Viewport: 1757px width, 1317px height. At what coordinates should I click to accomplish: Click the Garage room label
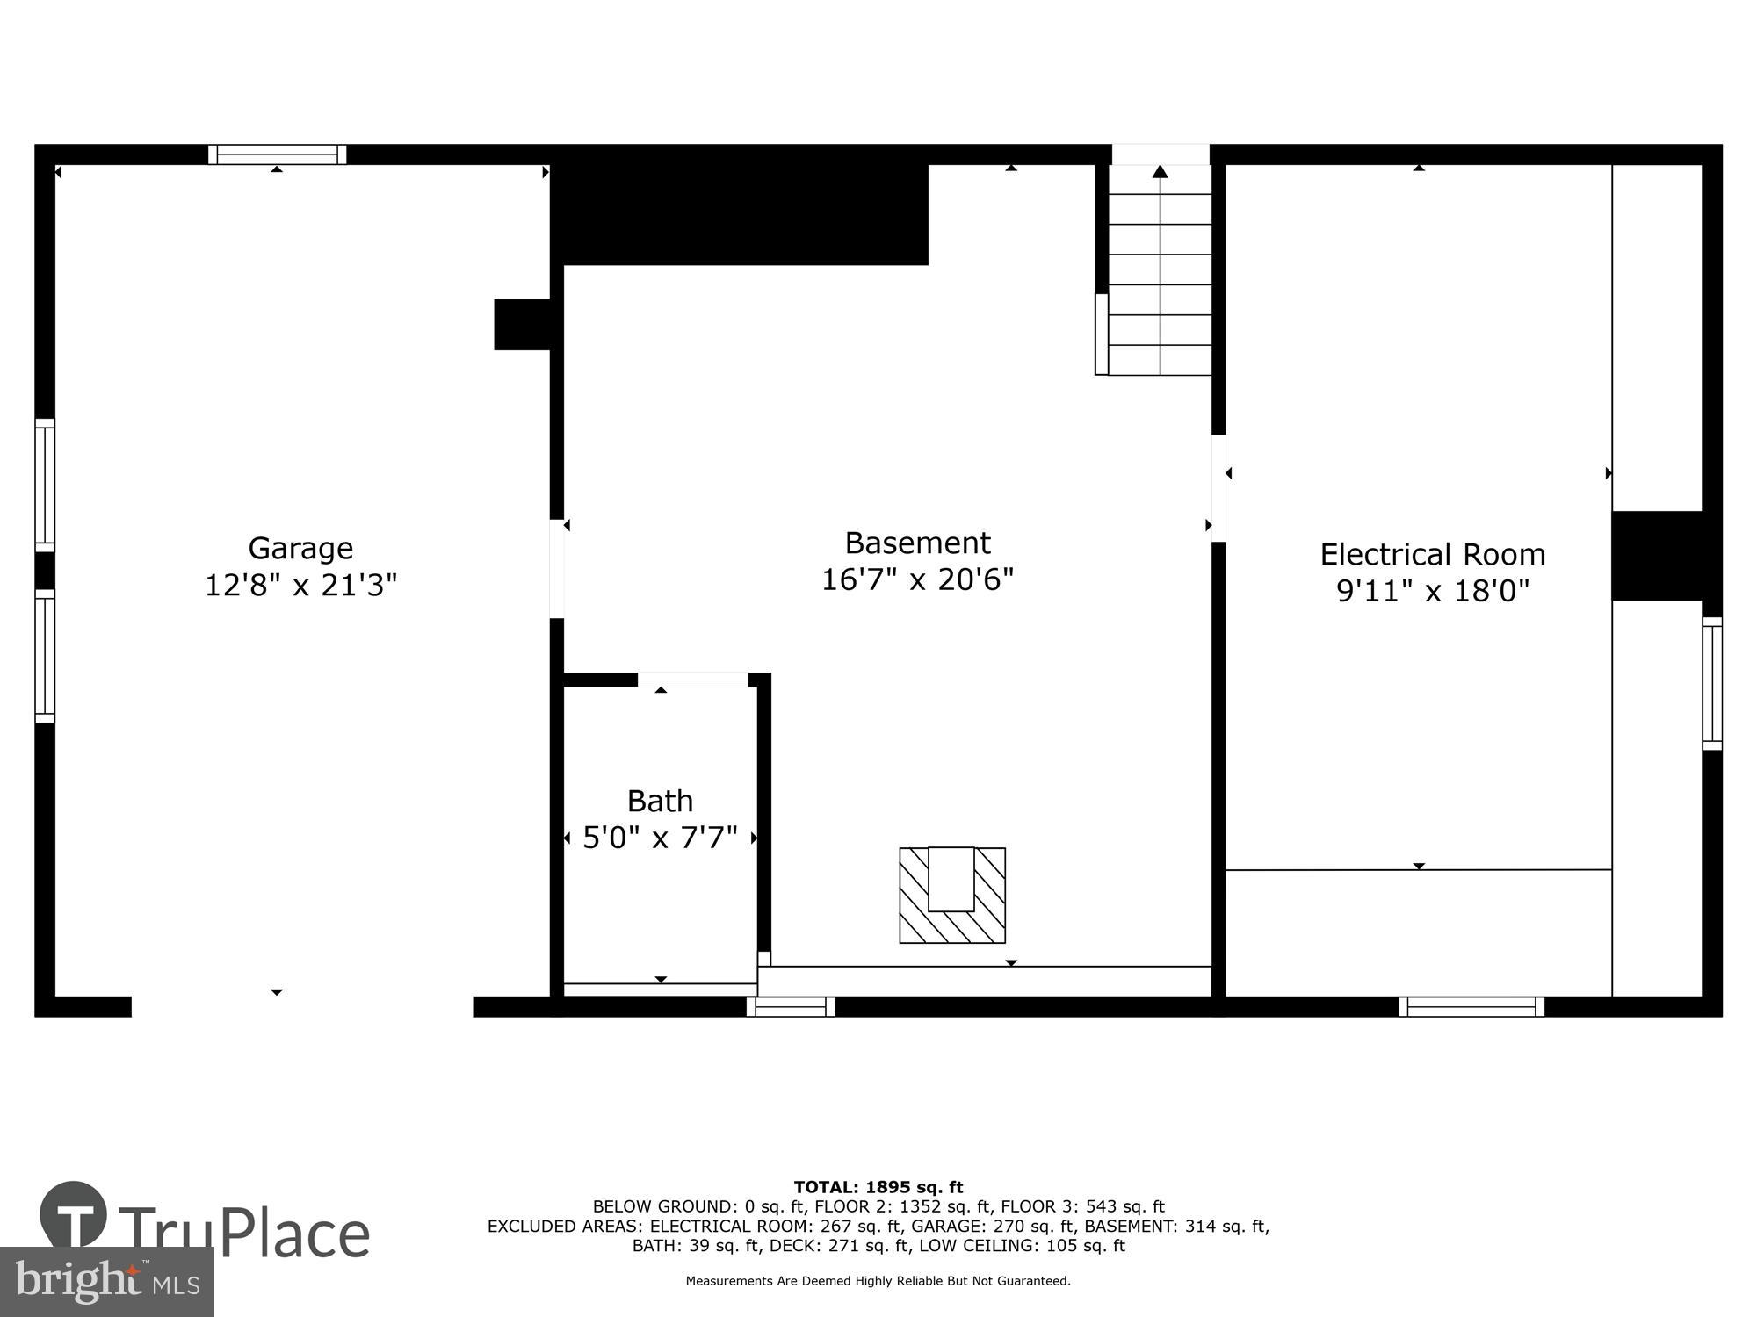tap(300, 548)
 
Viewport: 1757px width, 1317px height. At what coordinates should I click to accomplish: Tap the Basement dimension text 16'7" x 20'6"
tap(917, 579)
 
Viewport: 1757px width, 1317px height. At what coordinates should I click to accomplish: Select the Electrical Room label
tap(1432, 555)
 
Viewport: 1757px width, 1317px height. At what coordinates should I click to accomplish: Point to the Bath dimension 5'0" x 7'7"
tap(660, 838)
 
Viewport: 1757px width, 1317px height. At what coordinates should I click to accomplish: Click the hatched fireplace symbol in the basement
tap(951, 895)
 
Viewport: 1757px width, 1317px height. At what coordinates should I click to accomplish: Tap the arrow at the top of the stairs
tap(1160, 172)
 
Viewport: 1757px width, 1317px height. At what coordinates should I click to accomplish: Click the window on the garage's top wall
tap(277, 155)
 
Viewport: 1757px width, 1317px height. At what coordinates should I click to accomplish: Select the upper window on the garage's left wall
tap(45, 485)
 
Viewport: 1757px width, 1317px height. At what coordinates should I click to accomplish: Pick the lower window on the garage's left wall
tap(45, 656)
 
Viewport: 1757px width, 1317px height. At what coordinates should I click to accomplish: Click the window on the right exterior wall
tap(1711, 683)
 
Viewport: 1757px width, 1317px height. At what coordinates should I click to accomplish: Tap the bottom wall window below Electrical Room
tap(1471, 1006)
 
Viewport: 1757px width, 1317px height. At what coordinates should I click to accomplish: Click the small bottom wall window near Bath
tap(790, 1006)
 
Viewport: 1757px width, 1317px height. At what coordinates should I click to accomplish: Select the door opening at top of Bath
tap(692, 680)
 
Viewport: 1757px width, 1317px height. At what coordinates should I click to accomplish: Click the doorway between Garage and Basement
tap(556, 568)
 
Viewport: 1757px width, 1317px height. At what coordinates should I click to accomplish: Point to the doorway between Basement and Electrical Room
tap(1218, 488)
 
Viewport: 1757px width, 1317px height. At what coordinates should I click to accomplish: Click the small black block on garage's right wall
tap(522, 324)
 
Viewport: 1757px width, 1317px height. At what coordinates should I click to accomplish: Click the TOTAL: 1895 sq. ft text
tap(878, 1187)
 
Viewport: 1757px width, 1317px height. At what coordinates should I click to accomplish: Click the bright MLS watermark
tap(106, 1282)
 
